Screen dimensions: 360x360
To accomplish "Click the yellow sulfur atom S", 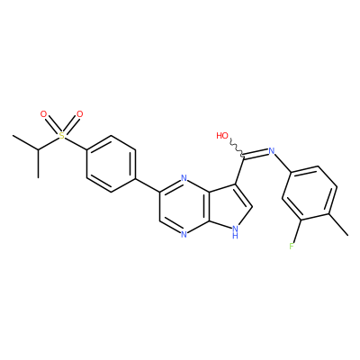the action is coord(61,136).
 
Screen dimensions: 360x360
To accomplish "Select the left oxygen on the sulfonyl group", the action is coord(44,114).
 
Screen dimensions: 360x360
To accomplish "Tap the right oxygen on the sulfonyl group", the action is coord(79,114).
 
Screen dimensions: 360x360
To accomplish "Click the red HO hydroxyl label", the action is coord(222,136).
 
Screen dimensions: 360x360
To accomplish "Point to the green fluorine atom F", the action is coord(292,247).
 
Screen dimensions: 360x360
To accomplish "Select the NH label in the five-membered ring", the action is coord(236,231).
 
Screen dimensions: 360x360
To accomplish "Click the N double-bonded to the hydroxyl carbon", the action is coord(272,150).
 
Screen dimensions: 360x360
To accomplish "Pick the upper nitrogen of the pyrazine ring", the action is coord(184,179).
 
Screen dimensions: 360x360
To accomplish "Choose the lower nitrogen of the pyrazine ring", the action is coord(184,234).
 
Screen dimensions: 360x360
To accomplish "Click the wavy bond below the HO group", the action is coord(237,148).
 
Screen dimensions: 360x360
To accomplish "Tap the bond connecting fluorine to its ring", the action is coord(297,230).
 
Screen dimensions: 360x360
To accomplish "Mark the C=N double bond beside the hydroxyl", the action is coord(256,153).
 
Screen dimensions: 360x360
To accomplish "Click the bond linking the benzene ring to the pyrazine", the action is coord(147,185).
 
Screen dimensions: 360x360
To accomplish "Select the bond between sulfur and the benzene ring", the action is coord(76,143).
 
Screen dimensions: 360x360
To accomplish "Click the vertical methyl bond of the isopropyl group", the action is coord(38,163).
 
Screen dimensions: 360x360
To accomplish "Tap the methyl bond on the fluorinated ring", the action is coord(339,224).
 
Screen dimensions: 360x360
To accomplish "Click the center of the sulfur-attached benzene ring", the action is coord(111,164).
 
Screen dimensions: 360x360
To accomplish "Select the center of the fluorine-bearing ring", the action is coord(310,193).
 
